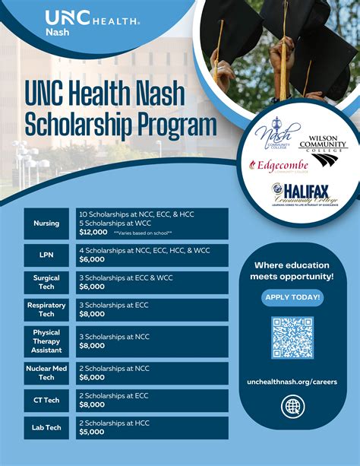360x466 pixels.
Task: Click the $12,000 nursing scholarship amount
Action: pyautogui.click(x=94, y=232)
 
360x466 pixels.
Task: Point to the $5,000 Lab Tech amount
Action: pyautogui.click(x=93, y=432)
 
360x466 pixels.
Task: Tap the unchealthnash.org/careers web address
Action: pyautogui.click(x=292, y=382)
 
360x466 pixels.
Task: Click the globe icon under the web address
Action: pyautogui.click(x=292, y=407)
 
